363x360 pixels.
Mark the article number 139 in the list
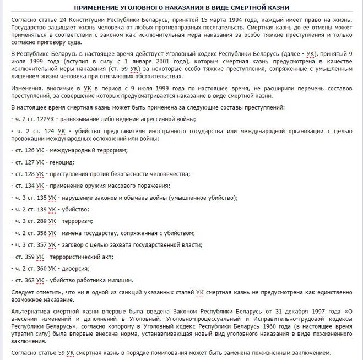click(41, 209)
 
